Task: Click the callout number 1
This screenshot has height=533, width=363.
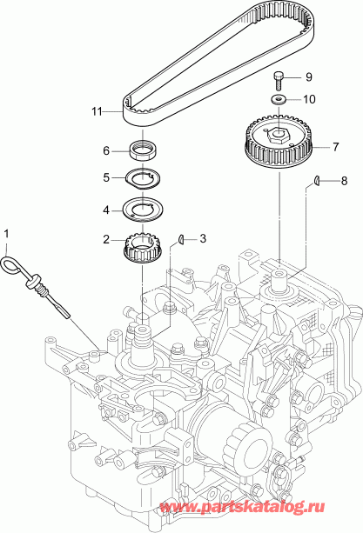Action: pyautogui.click(x=8, y=234)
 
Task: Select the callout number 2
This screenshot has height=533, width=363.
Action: pyautogui.click(x=106, y=239)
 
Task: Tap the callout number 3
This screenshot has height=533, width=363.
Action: pyautogui.click(x=203, y=237)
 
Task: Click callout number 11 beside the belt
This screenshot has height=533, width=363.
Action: pyautogui.click(x=97, y=111)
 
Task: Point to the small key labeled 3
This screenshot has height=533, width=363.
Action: pyautogui.click(x=179, y=238)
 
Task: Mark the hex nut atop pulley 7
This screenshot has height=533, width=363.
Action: pyautogui.click(x=279, y=134)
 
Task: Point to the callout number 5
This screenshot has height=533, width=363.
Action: pyautogui.click(x=106, y=178)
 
